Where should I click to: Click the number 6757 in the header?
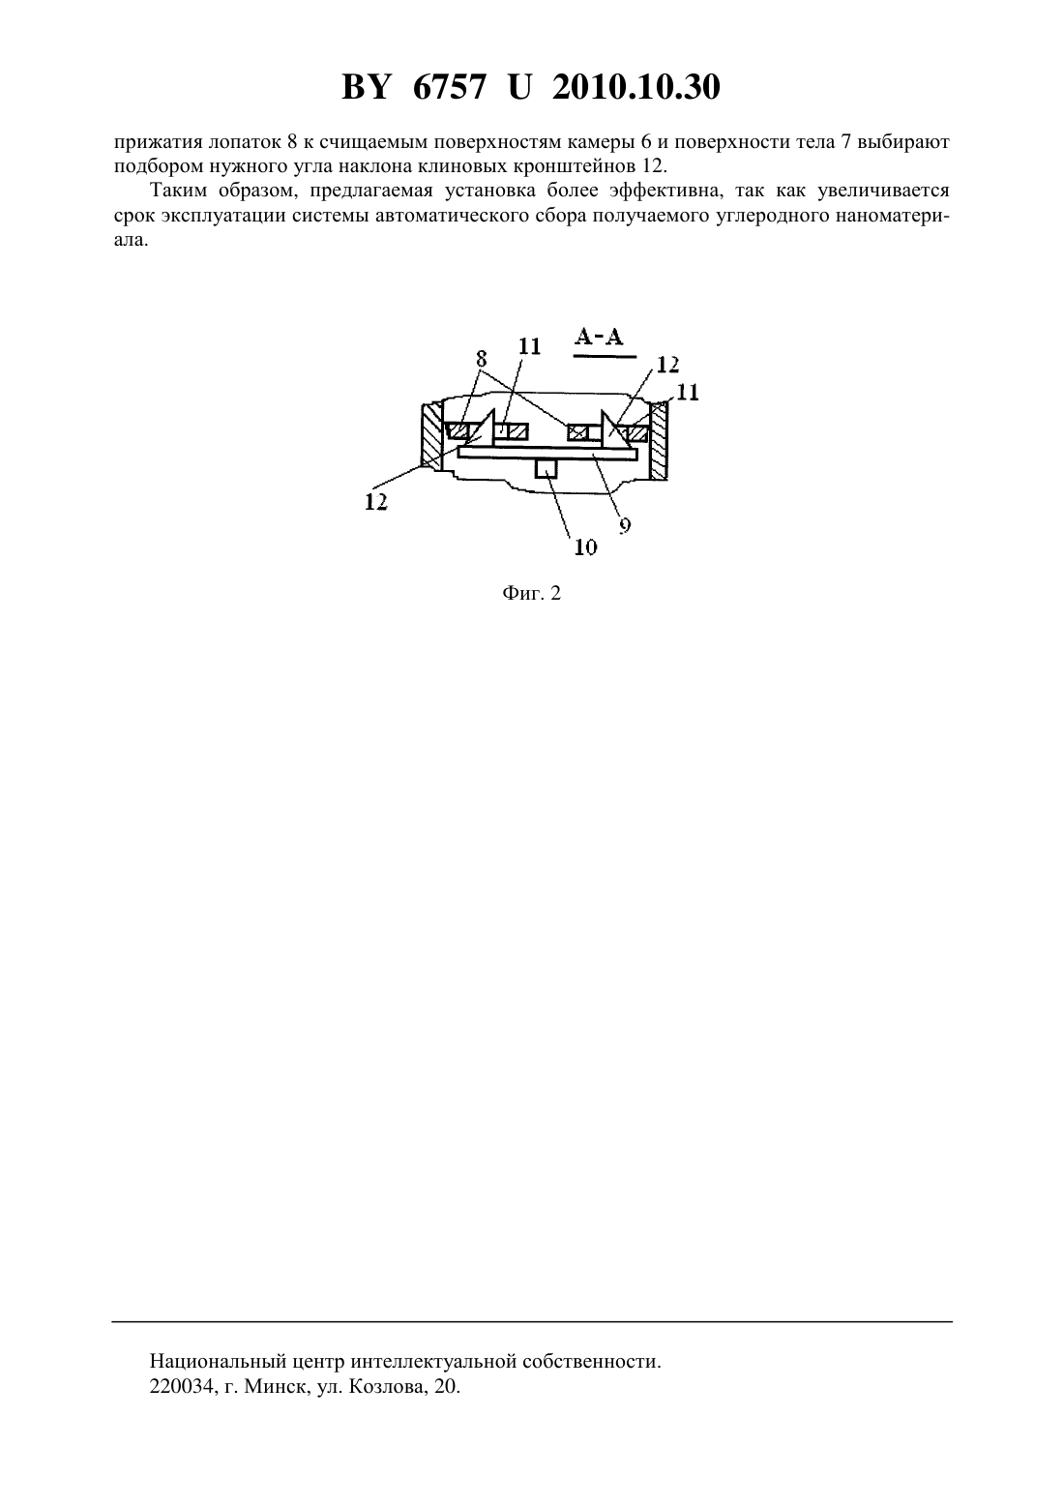point(448,87)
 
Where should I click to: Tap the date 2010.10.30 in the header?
point(636,87)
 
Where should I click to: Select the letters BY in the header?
point(366,87)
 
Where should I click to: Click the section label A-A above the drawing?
point(599,338)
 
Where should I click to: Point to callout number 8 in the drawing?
point(481,360)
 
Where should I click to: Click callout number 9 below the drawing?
point(625,525)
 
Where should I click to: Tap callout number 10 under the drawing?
point(586,547)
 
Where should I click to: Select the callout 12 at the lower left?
point(376,501)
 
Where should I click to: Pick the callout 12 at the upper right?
point(668,365)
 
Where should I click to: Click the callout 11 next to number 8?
point(529,346)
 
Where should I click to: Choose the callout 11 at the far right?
point(688,393)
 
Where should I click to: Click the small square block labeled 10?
point(547,468)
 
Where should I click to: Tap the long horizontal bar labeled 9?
point(547,455)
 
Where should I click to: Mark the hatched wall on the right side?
point(660,441)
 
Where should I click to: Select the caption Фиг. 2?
point(531,593)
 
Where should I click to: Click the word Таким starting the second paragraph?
point(178,191)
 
